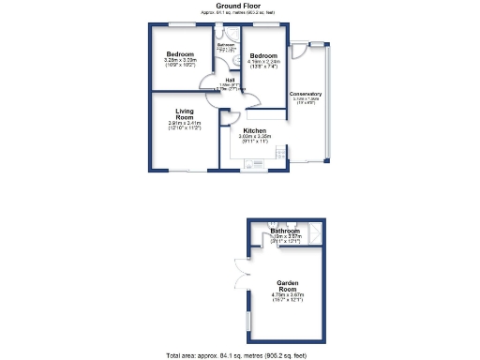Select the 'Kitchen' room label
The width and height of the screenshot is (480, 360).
[254, 130]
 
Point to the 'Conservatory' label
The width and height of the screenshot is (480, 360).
[306, 94]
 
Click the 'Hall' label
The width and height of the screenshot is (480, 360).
[231, 81]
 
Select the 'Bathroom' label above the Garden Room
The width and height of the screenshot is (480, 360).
[285, 231]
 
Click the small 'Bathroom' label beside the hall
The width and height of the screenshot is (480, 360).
[227, 45]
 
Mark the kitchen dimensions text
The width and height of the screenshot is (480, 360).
[254, 139]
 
